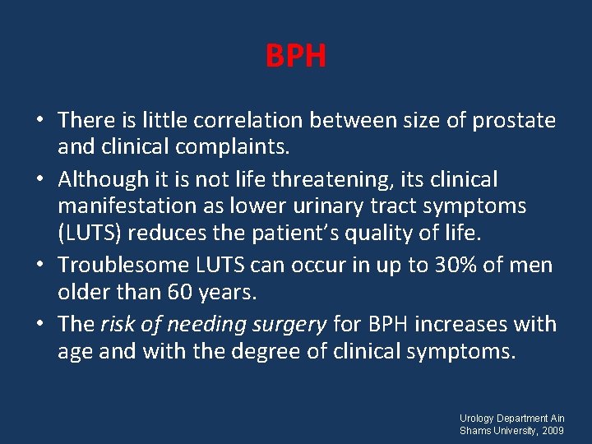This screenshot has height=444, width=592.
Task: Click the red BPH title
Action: tap(296, 57)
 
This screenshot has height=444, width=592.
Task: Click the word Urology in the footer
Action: tap(479, 419)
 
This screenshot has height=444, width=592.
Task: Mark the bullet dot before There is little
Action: tap(40, 122)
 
